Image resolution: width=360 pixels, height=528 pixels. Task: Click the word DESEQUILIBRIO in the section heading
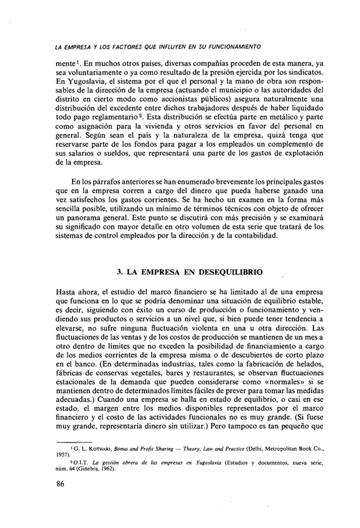[x=229, y=272]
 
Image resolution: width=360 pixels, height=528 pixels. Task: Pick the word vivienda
[x=156, y=129]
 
